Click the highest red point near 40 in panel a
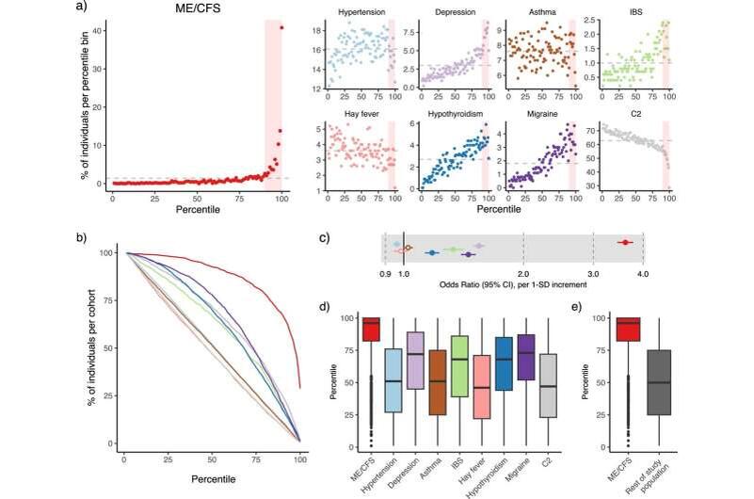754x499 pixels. [x=281, y=27]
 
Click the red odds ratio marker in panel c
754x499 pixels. [x=624, y=242]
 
